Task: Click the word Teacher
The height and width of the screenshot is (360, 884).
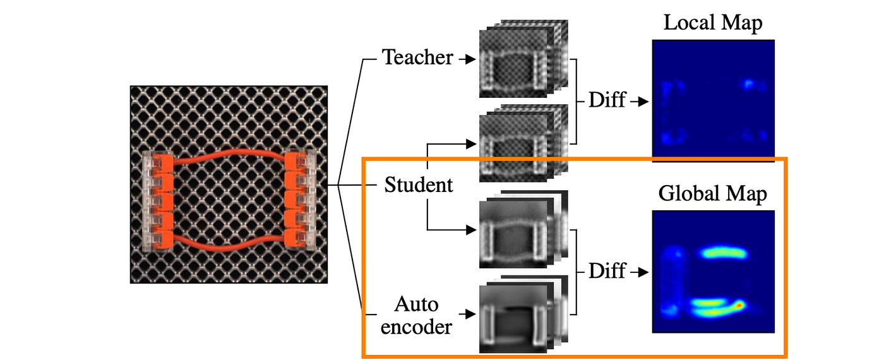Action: tap(417, 58)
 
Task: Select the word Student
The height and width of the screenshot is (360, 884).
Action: tap(419, 185)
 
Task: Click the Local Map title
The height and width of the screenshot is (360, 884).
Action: tap(712, 24)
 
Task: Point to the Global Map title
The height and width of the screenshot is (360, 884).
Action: tap(712, 194)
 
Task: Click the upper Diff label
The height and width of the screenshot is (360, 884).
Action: tap(607, 100)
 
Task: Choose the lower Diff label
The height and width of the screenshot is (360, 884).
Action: tap(607, 271)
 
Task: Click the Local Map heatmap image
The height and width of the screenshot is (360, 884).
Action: tap(713, 101)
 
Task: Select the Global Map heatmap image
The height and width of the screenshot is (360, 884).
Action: tap(713, 272)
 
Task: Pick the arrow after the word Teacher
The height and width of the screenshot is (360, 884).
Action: tap(467, 59)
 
